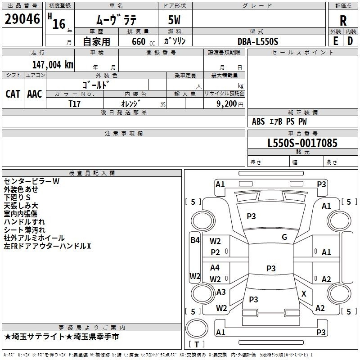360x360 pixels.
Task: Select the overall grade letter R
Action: click(343, 20)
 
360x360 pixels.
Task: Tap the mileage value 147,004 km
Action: click(52, 65)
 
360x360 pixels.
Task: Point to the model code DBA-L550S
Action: click(258, 41)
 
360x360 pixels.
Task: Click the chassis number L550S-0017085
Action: click(302, 143)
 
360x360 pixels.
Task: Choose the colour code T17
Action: click(75, 103)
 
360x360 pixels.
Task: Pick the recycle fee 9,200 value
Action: click(226, 103)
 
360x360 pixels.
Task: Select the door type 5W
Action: click(175, 20)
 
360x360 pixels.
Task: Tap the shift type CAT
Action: click(13, 94)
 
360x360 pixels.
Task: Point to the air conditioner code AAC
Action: click(34, 94)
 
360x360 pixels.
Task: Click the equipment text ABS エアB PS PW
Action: click(280, 121)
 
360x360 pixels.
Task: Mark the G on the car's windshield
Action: click(284, 237)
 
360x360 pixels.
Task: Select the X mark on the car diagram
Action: click(304, 293)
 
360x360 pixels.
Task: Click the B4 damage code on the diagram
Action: click(194, 240)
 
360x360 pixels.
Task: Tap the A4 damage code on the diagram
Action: click(215, 268)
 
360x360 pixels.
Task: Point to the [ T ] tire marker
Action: click(197, 345)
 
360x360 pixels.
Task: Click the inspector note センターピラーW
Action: click(32, 181)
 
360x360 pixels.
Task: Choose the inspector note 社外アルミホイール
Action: click(34, 238)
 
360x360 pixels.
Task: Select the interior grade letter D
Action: click(350, 41)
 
